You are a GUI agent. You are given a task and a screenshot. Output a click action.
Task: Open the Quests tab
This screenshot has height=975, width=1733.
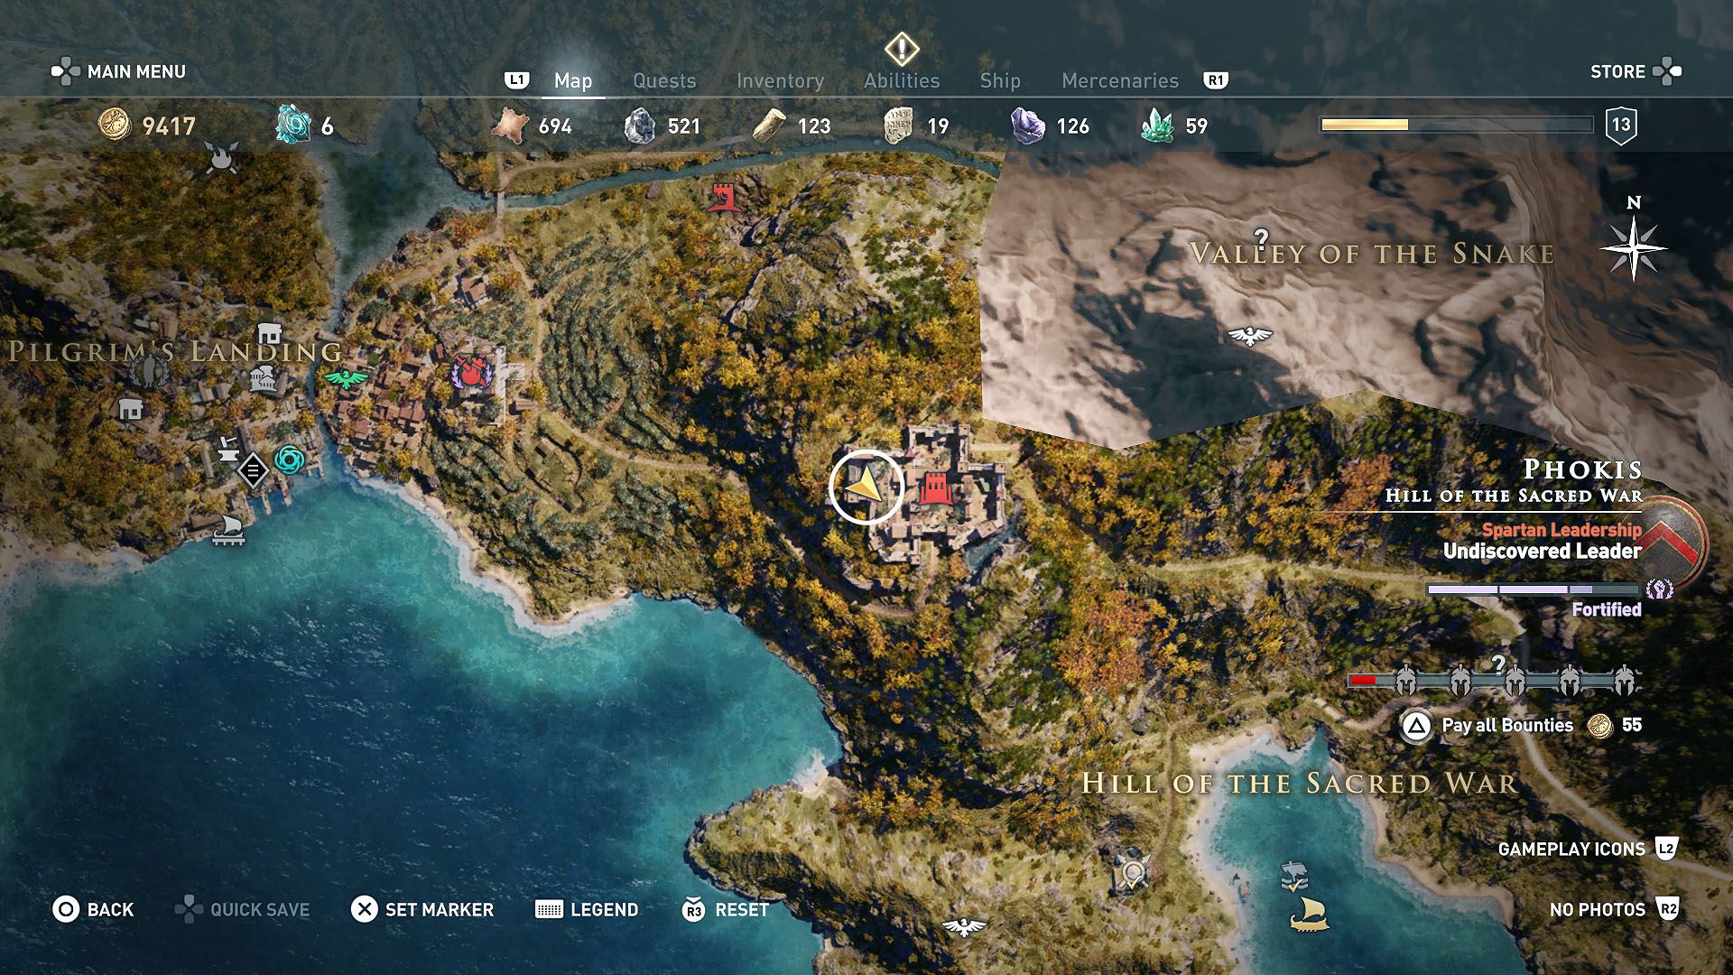(x=664, y=81)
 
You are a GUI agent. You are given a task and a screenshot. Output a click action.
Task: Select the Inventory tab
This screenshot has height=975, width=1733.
(x=780, y=81)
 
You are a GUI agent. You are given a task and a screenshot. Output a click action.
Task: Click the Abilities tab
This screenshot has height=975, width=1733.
(x=902, y=81)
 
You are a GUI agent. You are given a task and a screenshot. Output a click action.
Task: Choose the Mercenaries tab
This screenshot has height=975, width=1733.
(x=1120, y=81)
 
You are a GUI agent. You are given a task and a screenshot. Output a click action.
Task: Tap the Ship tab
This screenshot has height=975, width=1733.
(x=1000, y=81)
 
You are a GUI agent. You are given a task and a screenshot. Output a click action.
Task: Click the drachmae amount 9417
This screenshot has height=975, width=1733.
(x=169, y=126)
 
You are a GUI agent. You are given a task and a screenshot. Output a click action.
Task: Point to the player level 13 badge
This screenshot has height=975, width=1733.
(x=1621, y=125)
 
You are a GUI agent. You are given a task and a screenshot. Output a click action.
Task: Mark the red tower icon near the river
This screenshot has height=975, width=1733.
(x=724, y=196)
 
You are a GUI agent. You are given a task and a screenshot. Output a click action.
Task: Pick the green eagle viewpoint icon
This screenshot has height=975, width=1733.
(x=347, y=378)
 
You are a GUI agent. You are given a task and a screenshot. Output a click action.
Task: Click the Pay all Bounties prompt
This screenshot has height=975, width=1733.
(x=1506, y=725)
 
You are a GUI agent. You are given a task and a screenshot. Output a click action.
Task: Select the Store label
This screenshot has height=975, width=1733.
(x=1617, y=72)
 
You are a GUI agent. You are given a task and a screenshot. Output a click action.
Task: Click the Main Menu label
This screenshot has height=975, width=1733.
(x=135, y=72)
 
